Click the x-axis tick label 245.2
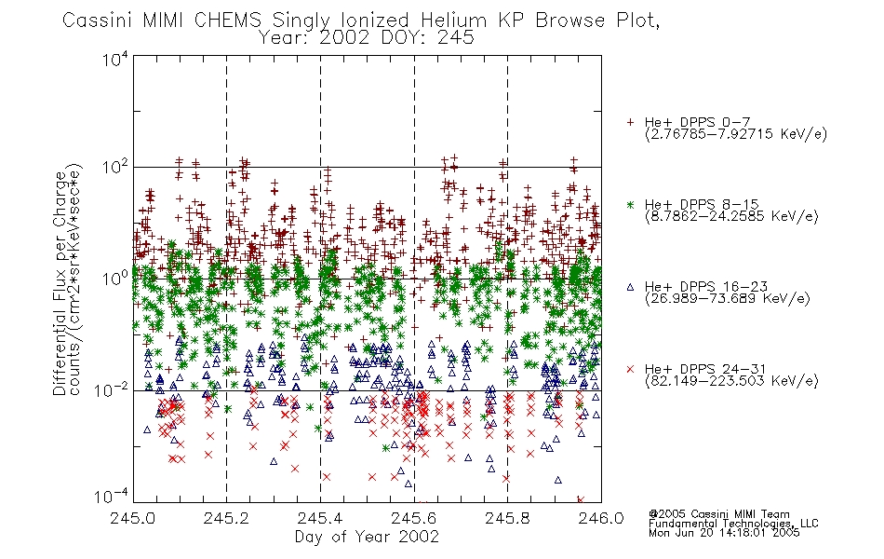click(226, 518)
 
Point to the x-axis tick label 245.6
click(414, 518)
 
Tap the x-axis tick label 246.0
click(601, 518)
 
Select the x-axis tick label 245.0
click(132, 518)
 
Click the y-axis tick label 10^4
click(115, 59)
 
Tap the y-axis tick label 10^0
click(115, 278)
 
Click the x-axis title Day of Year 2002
click(367, 537)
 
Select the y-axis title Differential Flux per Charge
click(60, 283)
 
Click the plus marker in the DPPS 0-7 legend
click(630, 122)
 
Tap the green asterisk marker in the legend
click(630, 204)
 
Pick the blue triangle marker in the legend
click(630, 287)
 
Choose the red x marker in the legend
click(630, 369)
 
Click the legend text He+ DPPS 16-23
click(706, 286)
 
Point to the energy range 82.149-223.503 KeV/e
click(731, 381)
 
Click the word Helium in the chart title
click(453, 20)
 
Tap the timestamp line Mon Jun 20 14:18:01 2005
click(724, 533)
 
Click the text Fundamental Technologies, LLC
click(733, 524)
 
